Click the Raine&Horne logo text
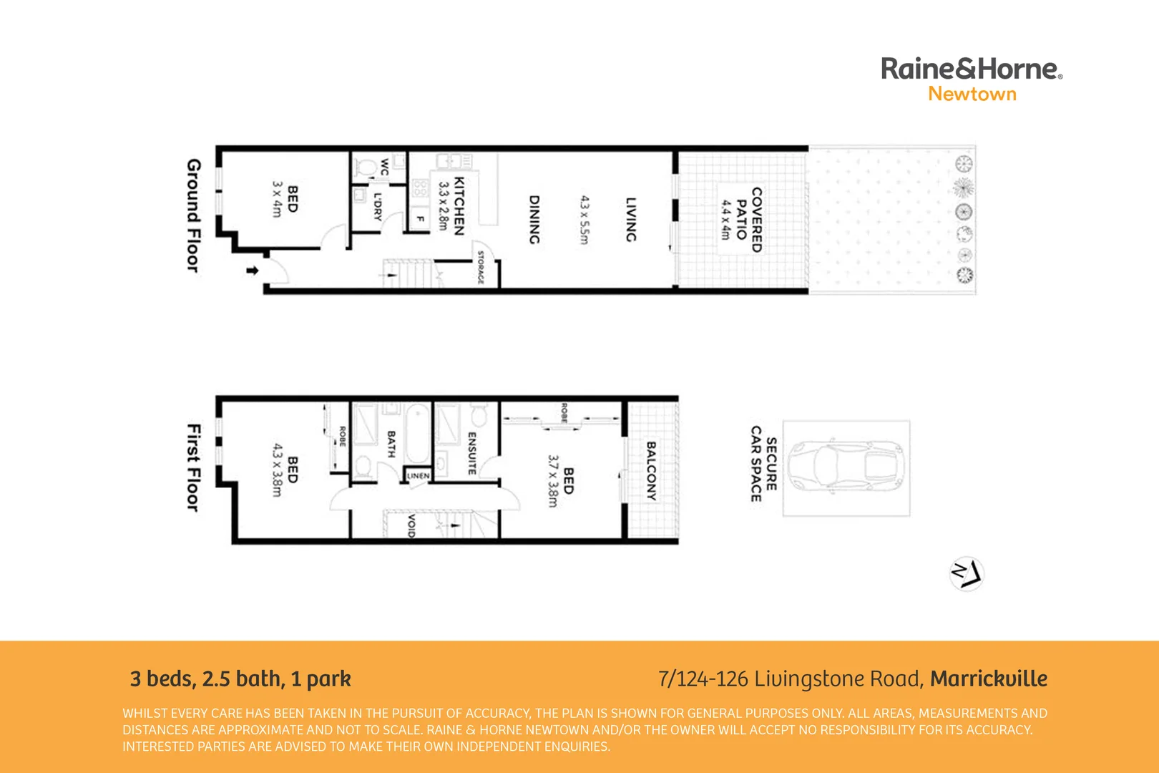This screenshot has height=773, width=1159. click(971, 69)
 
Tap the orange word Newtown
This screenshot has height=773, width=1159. click(972, 94)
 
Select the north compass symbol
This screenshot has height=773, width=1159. click(967, 574)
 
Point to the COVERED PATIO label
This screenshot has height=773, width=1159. click(749, 220)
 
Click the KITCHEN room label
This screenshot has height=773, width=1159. click(459, 206)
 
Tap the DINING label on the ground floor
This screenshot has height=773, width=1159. click(534, 220)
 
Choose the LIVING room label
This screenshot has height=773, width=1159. click(630, 220)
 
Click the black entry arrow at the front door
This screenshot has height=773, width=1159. click(252, 271)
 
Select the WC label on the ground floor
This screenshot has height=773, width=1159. click(384, 167)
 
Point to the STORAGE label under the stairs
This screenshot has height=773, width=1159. click(481, 267)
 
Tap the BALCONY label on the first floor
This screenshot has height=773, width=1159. click(651, 470)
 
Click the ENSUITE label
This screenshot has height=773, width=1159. click(471, 453)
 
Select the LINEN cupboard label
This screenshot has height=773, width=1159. click(418, 476)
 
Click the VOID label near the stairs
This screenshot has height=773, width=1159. click(411, 525)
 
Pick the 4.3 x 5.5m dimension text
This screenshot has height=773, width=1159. click(585, 220)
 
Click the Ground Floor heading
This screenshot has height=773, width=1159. click(193, 215)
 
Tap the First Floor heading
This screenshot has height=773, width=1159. click(193, 467)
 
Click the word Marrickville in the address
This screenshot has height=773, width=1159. click(988, 679)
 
